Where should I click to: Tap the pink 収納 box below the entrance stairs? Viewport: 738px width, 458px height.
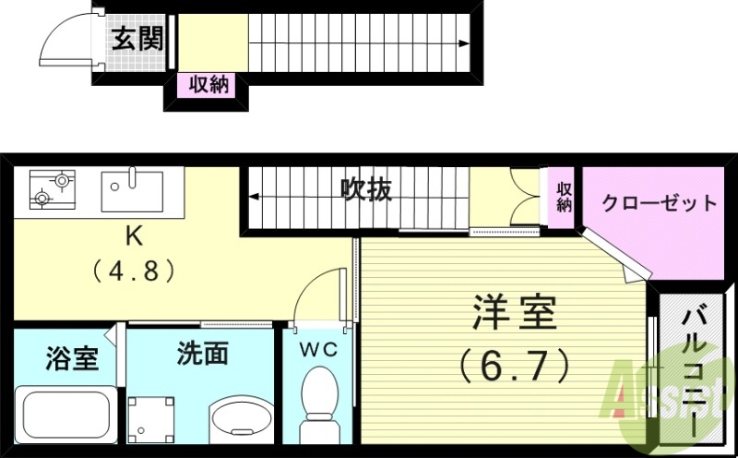pyautogui.click(x=208, y=85)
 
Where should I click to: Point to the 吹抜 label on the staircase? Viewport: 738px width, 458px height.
pyautogui.click(x=365, y=189)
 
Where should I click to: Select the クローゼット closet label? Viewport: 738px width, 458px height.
pyautogui.click(x=659, y=203)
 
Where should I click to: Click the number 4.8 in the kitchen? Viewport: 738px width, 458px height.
pyautogui.click(x=135, y=272)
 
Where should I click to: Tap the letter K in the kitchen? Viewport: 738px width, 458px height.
pyautogui.click(x=135, y=236)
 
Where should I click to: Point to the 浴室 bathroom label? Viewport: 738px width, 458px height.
pyautogui.click(x=71, y=358)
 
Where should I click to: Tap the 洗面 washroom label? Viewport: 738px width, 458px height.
pyautogui.click(x=202, y=353)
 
